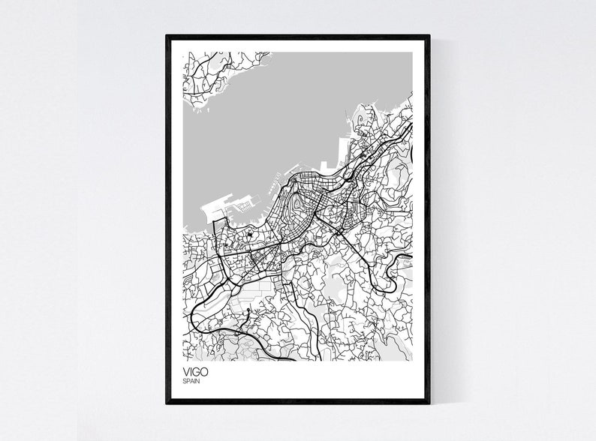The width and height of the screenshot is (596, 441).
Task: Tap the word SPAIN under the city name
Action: point(191,382)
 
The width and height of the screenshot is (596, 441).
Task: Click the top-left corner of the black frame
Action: point(167,36)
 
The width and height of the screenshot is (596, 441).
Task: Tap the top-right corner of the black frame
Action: point(429,36)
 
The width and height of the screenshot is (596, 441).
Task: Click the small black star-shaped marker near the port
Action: point(248,238)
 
